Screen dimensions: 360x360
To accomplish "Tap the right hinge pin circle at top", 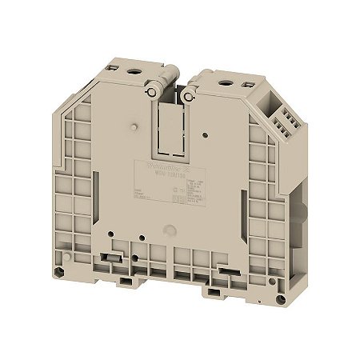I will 187,96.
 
